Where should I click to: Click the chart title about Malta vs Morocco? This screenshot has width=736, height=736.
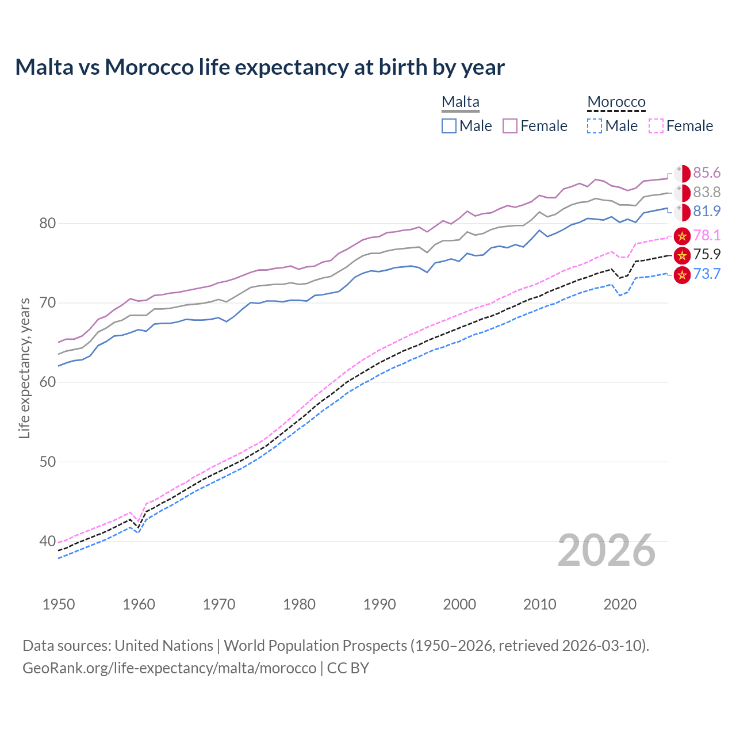pyautogui.click(x=260, y=67)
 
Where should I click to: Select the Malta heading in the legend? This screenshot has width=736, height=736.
pyautogui.click(x=460, y=102)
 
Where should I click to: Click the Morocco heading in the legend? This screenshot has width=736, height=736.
pyautogui.click(x=616, y=102)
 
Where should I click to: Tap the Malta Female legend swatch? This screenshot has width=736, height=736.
pyautogui.click(x=510, y=126)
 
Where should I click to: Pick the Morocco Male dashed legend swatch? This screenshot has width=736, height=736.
pyautogui.click(x=595, y=126)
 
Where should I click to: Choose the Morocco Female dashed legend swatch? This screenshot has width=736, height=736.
pyautogui.click(x=655, y=126)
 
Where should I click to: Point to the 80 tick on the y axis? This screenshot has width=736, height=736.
pyautogui.click(x=47, y=223)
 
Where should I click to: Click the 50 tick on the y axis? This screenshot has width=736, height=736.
pyautogui.click(x=47, y=462)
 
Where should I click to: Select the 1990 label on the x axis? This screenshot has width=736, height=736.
pyautogui.click(x=379, y=604)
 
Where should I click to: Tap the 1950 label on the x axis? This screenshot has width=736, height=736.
pyautogui.click(x=59, y=604)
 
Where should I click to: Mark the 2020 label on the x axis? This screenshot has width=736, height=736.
pyautogui.click(x=620, y=604)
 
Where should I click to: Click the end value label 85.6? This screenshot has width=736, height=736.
pyautogui.click(x=707, y=173)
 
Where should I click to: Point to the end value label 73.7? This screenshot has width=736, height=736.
pyautogui.click(x=707, y=274)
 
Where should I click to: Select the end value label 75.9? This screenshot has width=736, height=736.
pyautogui.click(x=707, y=254)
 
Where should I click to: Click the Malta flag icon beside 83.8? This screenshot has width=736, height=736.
pyautogui.click(x=682, y=193)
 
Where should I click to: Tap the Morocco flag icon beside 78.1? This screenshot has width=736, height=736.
pyautogui.click(x=682, y=235)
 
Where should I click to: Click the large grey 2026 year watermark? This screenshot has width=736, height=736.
pyautogui.click(x=606, y=550)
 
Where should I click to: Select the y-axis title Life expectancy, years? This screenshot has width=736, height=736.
pyautogui.click(x=24, y=368)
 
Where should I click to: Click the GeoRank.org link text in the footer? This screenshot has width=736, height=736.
pyautogui.click(x=169, y=668)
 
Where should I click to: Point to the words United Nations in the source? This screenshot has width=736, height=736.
pyautogui.click(x=164, y=646)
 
